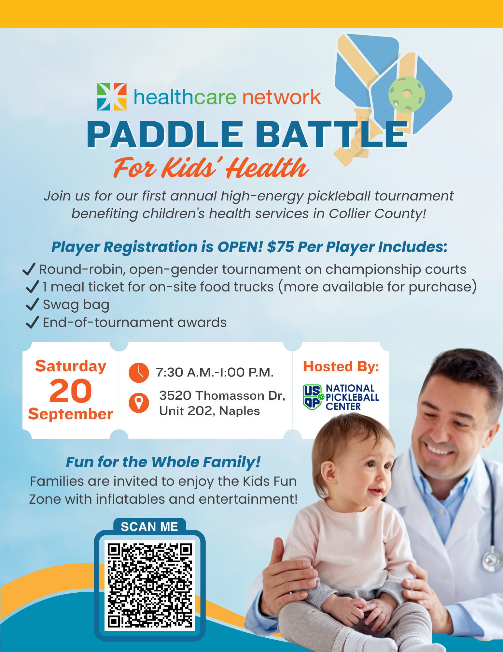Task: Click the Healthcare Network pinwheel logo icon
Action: (x=112, y=96)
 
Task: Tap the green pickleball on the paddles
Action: (x=407, y=95)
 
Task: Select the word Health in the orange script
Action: (x=267, y=168)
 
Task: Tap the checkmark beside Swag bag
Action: (x=33, y=304)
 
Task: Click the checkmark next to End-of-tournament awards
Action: (x=33, y=322)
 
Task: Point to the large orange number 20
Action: (x=71, y=391)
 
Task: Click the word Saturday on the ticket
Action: (x=71, y=366)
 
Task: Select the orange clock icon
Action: (x=139, y=372)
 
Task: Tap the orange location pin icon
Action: (x=139, y=403)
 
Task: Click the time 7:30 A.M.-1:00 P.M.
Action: (x=215, y=372)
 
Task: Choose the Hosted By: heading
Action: (x=341, y=366)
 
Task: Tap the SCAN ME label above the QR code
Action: (x=149, y=527)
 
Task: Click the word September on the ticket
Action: (x=71, y=414)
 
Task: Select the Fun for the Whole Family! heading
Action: (x=163, y=462)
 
